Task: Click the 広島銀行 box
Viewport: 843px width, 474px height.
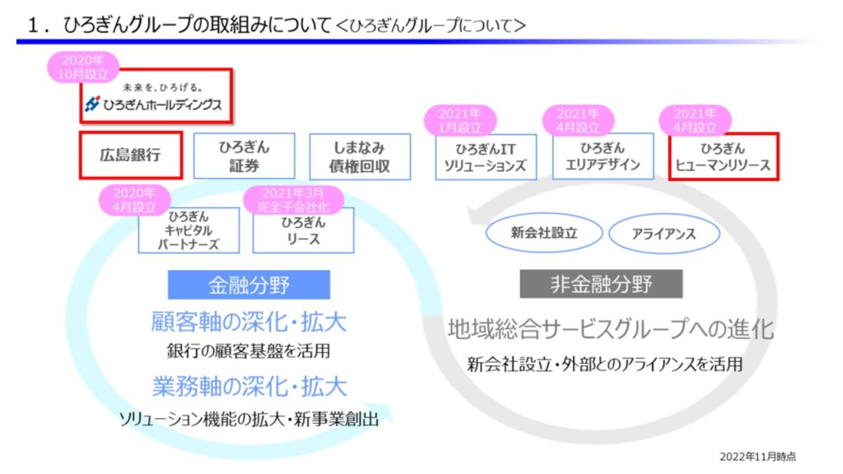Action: tap(130, 155)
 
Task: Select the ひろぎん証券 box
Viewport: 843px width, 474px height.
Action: tap(244, 156)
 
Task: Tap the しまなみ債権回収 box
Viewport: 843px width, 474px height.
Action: tap(360, 156)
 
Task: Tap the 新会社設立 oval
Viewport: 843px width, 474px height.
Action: tap(543, 233)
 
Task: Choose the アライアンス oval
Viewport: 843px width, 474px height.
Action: tap(664, 234)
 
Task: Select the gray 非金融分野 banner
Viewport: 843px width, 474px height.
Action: tap(601, 285)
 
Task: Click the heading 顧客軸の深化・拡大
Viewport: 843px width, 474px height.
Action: tap(249, 322)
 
